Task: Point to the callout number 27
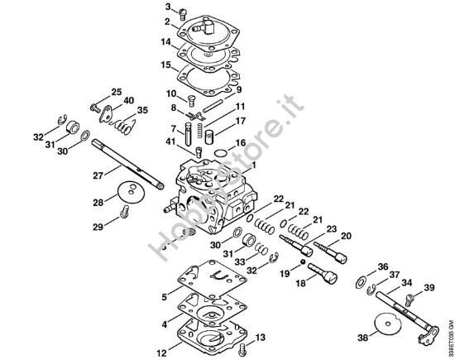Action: point(98,175)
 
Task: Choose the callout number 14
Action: point(166,41)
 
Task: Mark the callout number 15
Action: point(166,64)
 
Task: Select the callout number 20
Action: point(346,235)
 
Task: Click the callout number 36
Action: point(381,266)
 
